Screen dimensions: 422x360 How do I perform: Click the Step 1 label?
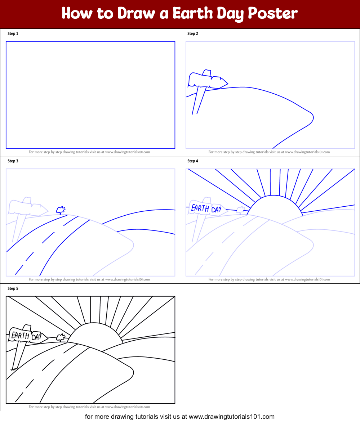coord(13,33)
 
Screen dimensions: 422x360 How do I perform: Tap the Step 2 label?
coord(193,33)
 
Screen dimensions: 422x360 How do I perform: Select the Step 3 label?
coord(13,161)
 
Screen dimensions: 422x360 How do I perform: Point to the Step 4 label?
coord(193,161)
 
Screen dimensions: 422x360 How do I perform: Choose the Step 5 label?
coord(13,288)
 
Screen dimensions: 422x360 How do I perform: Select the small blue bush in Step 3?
coord(61,210)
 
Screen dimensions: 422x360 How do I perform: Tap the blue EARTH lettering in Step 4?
coord(200,208)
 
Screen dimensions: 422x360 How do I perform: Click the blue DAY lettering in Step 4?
coord(216,210)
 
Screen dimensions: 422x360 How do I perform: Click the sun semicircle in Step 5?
coord(94,333)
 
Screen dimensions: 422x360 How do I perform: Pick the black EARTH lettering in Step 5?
coord(20,336)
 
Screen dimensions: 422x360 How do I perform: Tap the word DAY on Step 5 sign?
coord(37,337)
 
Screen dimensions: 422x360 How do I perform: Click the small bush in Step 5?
coord(61,337)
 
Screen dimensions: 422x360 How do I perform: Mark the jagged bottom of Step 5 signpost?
coord(14,369)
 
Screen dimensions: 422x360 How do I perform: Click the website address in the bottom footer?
coord(231,417)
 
